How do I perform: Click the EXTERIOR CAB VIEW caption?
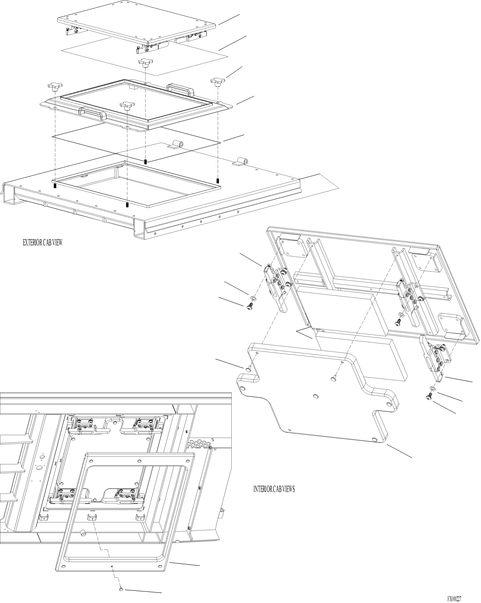point(42,243)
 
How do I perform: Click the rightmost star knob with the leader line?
point(218,81)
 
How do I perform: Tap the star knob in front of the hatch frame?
point(127,106)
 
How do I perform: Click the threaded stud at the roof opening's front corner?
point(127,205)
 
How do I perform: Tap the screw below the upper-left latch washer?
point(250,307)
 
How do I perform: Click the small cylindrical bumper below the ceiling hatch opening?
point(83,533)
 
